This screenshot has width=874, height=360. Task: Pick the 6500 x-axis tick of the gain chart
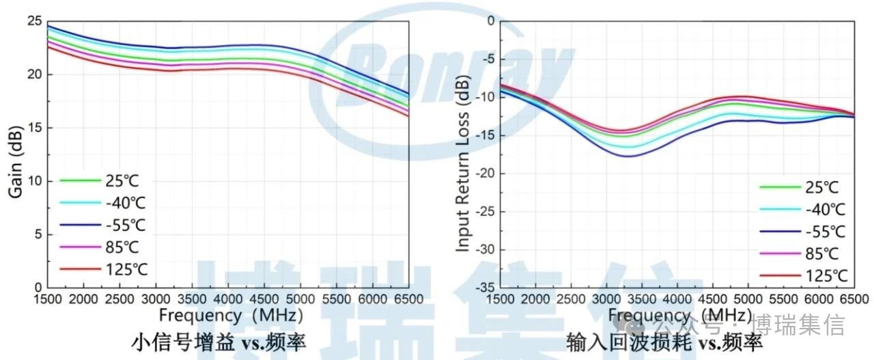pos(408,299)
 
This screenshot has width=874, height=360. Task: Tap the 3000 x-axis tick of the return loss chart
pos(606,299)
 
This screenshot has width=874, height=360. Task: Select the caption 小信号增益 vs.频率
pos(218,342)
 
